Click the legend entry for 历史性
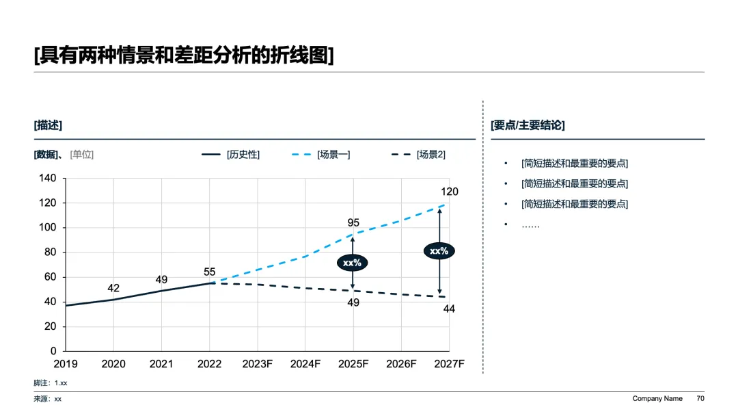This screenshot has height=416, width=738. click(231, 155)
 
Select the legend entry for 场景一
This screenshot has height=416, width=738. click(321, 155)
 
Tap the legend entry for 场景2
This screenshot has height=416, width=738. click(418, 155)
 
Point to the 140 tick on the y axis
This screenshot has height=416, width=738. click(48, 178)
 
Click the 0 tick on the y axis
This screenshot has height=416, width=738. click(53, 351)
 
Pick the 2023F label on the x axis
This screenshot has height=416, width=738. click(258, 364)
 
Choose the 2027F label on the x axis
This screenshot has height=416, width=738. click(449, 364)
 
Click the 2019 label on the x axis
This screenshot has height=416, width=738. click(66, 364)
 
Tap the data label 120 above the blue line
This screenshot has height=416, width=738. click(450, 192)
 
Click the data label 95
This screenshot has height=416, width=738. click(353, 222)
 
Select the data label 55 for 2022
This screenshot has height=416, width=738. click(210, 272)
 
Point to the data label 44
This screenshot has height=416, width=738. click(449, 309)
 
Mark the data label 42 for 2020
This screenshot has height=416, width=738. click(113, 288)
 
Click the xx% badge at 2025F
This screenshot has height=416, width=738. click(352, 263)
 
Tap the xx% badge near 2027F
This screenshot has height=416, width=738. click(439, 251)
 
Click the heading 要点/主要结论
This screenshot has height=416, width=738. click(528, 125)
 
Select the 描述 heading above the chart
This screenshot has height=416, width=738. click(48, 125)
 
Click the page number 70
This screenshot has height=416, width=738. click(700, 399)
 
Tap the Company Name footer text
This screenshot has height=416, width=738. click(657, 399)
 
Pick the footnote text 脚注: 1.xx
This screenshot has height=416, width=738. click(51, 383)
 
